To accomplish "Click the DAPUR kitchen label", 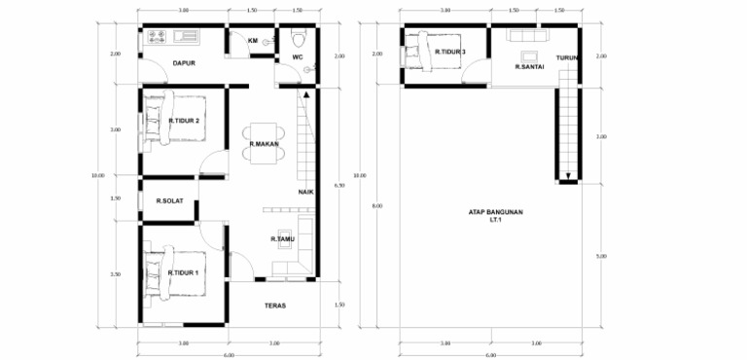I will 185,64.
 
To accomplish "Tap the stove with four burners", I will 158,37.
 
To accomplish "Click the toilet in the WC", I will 298,41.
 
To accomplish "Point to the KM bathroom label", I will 253,42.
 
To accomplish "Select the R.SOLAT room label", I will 171,202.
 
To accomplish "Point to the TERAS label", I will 274,305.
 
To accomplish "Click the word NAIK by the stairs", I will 305,192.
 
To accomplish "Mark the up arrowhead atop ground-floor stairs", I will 306,95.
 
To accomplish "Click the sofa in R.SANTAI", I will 530,36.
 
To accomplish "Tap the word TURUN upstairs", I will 568,58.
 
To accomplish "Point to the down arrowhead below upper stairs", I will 567,178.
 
